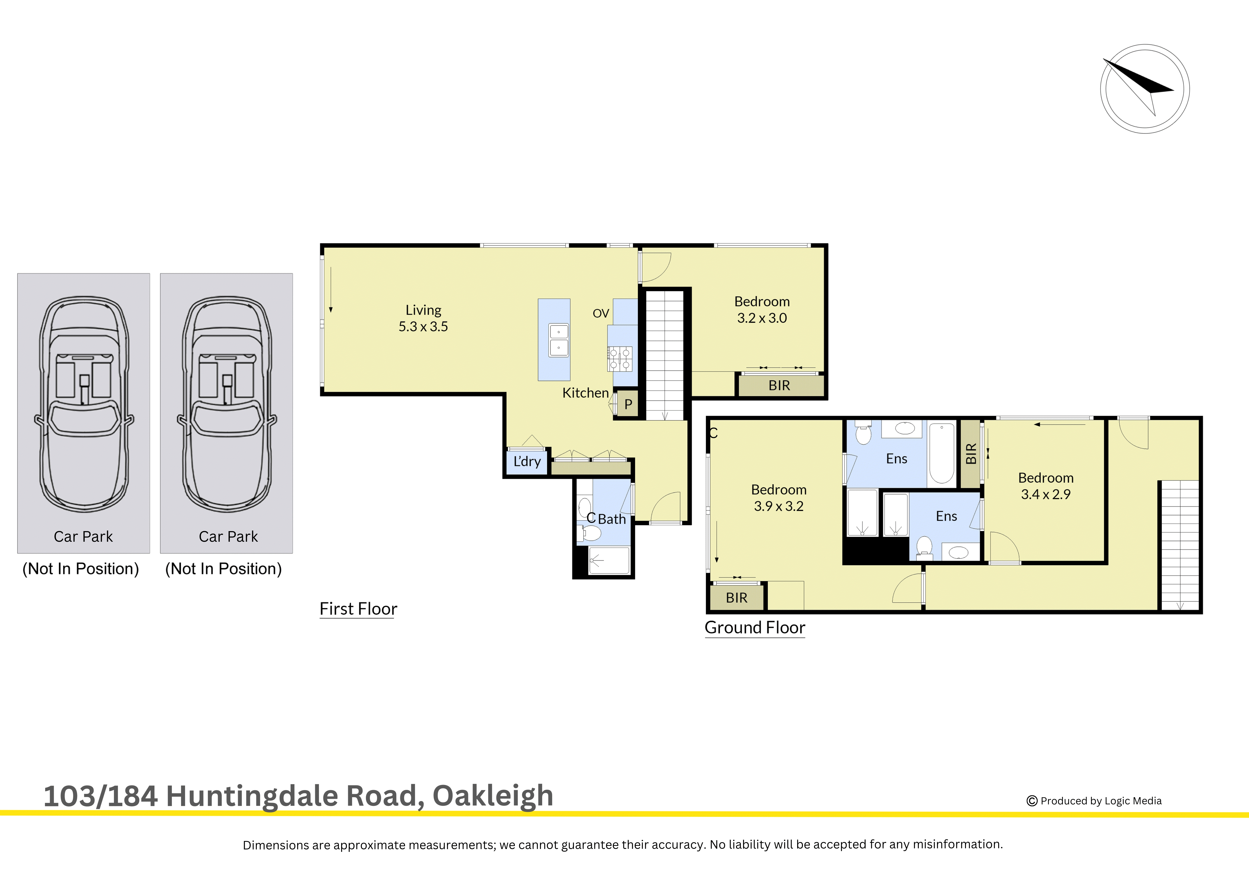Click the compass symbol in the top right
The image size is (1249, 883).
click(1144, 89)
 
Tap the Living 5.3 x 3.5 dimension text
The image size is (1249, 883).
click(423, 327)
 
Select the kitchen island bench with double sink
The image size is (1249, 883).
click(554, 339)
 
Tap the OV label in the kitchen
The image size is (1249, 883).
click(601, 313)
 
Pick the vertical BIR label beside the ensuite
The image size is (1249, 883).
click(970, 454)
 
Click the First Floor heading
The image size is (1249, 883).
click(358, 609)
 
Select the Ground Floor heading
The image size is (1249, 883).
click(755, 627)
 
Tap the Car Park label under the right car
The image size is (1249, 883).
click(228, 537)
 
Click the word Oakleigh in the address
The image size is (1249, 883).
click(492, 796)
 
